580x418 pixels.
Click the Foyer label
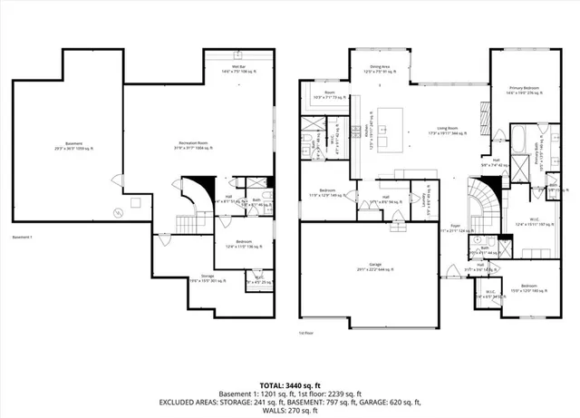456,228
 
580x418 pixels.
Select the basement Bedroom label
243,242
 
